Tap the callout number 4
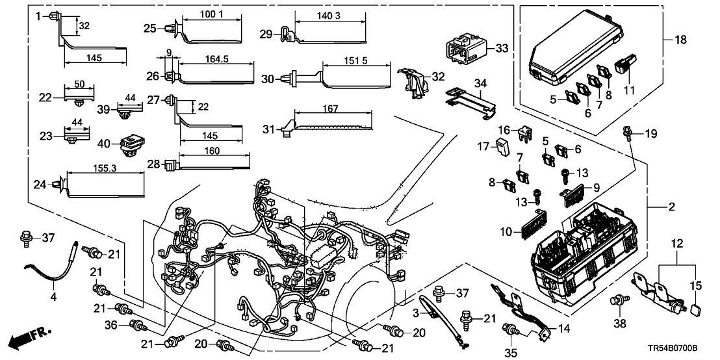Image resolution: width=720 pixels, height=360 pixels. coord(53,297)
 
